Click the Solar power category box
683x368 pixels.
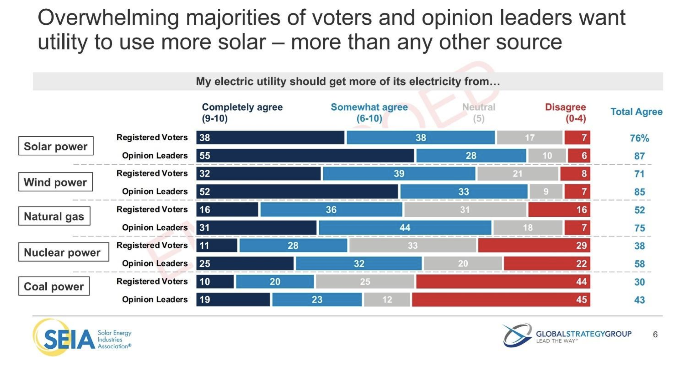point(56,146)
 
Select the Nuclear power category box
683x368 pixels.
point(64,252)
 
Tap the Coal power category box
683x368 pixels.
point(54,286)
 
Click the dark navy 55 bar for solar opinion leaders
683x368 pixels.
point(305,156)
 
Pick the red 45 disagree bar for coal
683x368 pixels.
point(501,300)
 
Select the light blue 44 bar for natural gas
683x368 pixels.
point(405,227)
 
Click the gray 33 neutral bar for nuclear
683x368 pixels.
point(413,246)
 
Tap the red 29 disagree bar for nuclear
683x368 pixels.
point(534,246)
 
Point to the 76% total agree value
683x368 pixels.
point(639,138)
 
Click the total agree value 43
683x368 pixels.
point(639,300)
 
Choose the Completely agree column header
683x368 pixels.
point(242,112)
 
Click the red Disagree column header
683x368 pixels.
point(565,112)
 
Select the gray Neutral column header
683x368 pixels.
point(479,112)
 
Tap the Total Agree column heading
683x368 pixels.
point(636,112)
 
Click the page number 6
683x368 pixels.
point(655,335)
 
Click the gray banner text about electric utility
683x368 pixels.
point(348,82)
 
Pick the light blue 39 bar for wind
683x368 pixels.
point(399,174)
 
